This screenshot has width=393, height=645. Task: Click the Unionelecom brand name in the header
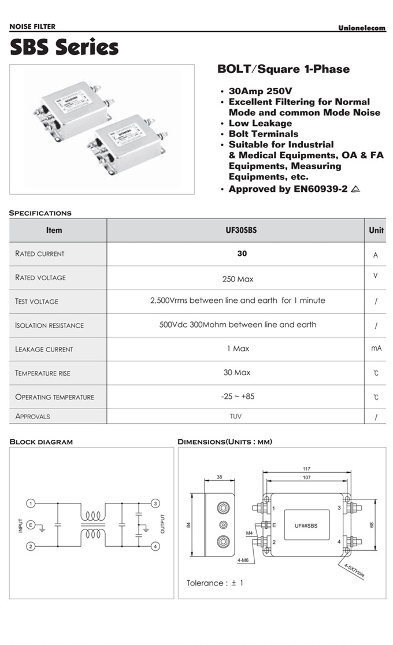(x=362, y=28)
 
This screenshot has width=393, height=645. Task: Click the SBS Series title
(x=64, y=47)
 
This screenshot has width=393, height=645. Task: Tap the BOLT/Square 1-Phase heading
(x=283, y=69)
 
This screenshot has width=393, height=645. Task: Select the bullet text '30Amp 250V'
(x=261, y=91)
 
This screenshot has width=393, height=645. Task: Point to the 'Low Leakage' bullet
(x=260, y=123)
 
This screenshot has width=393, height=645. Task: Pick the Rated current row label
(x=40, y=254)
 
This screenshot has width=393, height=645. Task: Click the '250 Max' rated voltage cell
(x=238, y=279)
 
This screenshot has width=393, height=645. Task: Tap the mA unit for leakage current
(x=376, y=349)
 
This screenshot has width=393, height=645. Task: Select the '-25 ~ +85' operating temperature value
(x=238, y=396)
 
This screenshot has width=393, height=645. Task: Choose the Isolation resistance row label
(x=49, y=325)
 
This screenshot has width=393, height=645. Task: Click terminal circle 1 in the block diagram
(x=32, y=503)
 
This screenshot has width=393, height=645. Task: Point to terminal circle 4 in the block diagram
(x=155, y=546)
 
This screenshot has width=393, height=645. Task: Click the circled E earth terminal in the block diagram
(x=32, y=525)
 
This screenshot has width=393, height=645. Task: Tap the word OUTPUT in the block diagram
(x=163, y=524)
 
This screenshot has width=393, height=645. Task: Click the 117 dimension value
(x=307, y=469)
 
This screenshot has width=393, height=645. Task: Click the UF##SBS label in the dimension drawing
(x=307, y=525)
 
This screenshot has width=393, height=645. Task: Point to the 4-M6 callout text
(x=243, y=560)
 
